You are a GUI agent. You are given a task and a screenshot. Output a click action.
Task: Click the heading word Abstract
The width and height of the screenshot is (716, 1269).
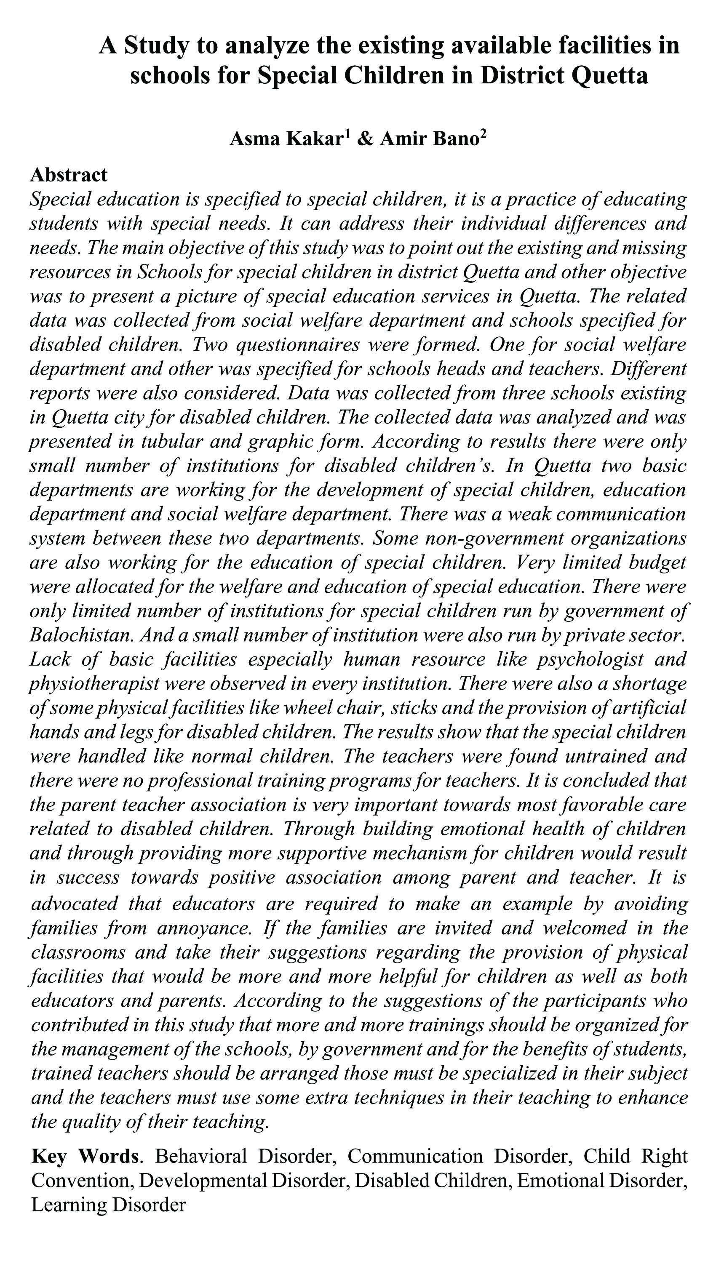click(69, 175)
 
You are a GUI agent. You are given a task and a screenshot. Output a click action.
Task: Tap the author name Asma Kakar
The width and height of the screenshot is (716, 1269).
click(286, 139)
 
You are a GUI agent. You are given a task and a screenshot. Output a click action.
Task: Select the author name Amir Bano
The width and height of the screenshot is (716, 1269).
click(429, 139)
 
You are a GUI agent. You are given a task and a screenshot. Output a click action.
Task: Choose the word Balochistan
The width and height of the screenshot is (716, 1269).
click(81, 634)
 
